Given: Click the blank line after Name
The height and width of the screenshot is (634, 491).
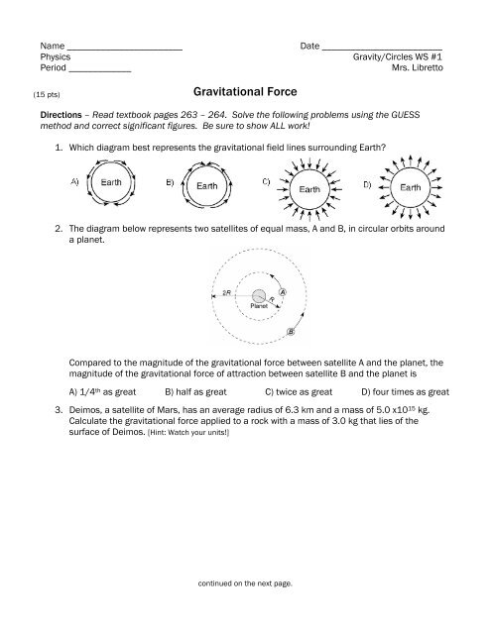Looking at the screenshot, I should (125, 49).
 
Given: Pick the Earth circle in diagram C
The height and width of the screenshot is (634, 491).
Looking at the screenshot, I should (309, 189).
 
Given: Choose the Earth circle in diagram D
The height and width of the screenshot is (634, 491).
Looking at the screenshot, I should (409, 185).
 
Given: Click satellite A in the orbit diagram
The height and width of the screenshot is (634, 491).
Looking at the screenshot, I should (283, 292).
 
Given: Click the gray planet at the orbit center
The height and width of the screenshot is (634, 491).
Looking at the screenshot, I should (258, 296).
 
